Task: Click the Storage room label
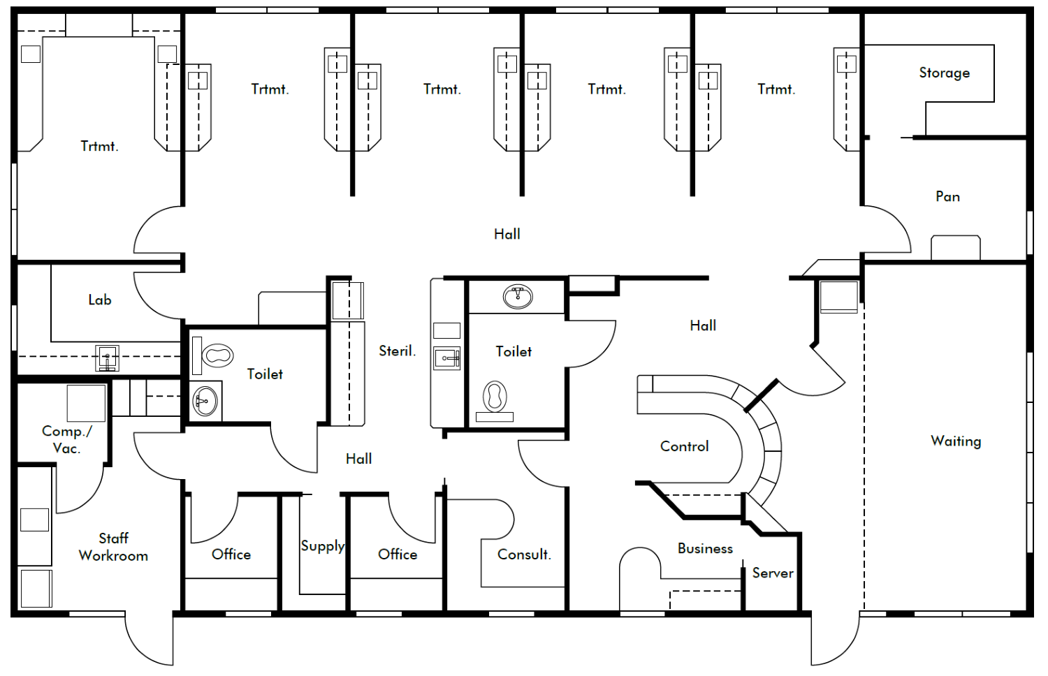[x=944, y=73]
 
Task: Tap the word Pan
[x=947, y=196]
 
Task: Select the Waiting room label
[x=955, y=441]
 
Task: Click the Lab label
[x=99, y=300]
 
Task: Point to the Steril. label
[x=397, y=351]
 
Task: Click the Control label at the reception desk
[x=684, y=446]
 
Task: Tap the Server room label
[x=772, y=573]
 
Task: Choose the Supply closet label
[x=322, y=545]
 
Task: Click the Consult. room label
[x=524, y=554]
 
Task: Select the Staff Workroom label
[x=113, y=547]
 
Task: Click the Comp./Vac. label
[x=66, y=439]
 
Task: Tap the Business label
[x=705, y=548]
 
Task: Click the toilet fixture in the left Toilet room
[x=217, y=355]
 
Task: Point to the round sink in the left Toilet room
[x=205, y=402]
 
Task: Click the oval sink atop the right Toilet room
[x=518, y=296]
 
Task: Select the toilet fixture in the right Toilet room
[x=495, y=397]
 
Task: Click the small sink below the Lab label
[x=107, y=358]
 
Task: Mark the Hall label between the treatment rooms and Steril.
[x=507, y=234]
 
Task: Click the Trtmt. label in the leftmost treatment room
[x=99, y=146]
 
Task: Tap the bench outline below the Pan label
[x=955, y=247]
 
